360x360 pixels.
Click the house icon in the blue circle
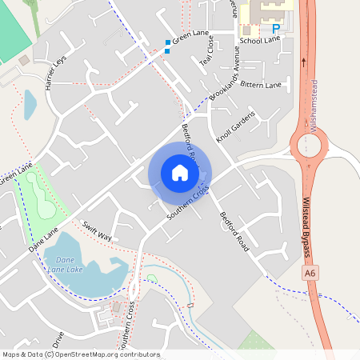[180, 173]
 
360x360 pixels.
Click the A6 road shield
[310, 274]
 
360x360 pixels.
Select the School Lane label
[260, 40]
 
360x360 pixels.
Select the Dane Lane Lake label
[66, 265]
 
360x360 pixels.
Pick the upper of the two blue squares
[168, 42]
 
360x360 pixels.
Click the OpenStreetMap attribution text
[81, 354]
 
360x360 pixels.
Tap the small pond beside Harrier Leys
[30, 104]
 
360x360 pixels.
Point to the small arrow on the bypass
[304, 61]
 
